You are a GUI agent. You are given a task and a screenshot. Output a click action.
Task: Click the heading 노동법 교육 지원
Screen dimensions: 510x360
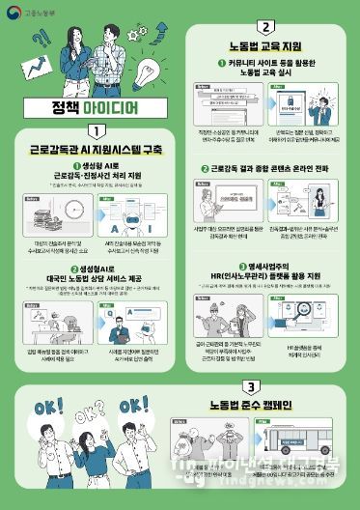tap(265, 46)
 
